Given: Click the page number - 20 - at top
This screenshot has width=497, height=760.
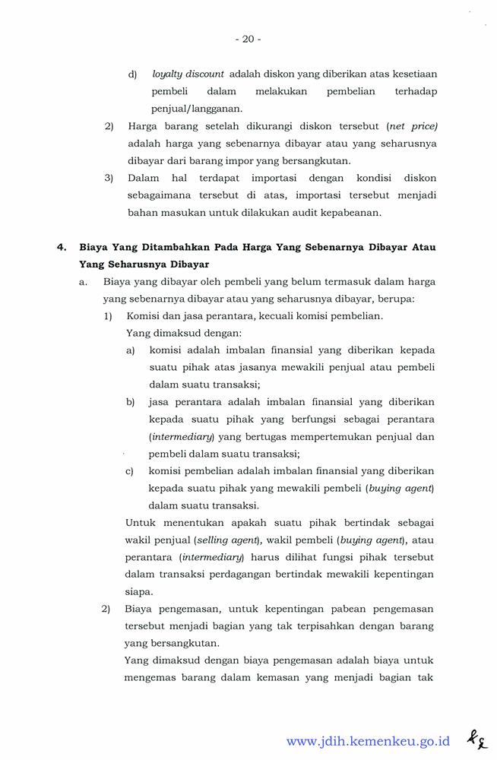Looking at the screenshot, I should [248, 39].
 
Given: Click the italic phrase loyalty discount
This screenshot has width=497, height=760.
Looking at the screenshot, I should [188, 74].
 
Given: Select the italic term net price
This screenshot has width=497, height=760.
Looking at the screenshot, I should [413, 126].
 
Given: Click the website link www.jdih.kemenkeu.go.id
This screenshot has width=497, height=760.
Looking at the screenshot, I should [368, 741].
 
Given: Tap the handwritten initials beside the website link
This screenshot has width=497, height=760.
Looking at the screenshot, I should [476, 739].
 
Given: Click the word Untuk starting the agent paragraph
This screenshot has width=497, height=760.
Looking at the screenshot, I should [141, 523].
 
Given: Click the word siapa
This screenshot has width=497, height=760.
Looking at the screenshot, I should [138, 592].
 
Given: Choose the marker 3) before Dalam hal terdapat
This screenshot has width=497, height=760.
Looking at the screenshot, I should [109, 179].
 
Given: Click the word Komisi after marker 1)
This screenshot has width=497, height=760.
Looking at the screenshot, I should [143, 315].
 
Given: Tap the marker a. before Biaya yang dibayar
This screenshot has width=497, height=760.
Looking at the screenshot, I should [84, 281].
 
